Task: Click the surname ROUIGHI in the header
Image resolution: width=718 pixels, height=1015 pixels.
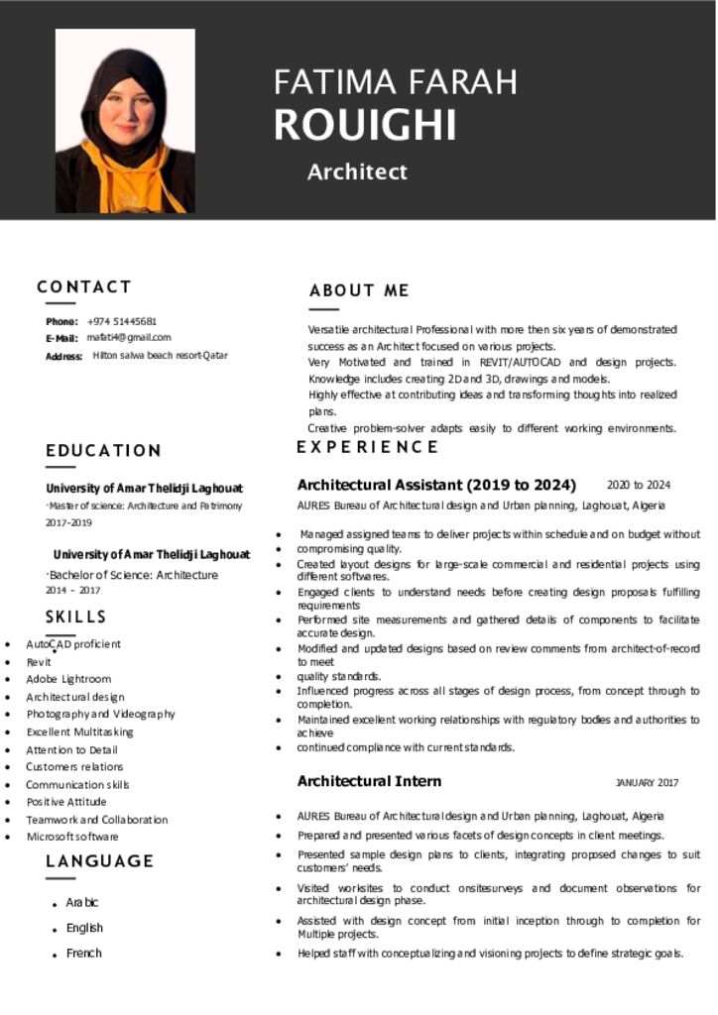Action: click(x=365, y=126)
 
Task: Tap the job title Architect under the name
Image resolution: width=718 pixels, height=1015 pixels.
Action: click(x=357, y=171)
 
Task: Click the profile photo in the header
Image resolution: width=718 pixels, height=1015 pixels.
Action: click(x=125, y=121)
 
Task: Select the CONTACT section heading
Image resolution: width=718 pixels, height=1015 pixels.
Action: click(x=84, y=286)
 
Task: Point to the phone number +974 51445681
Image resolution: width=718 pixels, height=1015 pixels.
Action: click(x=122, y=321)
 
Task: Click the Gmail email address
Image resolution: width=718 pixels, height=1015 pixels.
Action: click(x=128, y=338)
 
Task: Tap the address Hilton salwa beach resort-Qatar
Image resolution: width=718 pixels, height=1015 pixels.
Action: click(x=160, y=355)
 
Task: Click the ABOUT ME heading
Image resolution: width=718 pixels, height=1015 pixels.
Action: click(x=359, y=290)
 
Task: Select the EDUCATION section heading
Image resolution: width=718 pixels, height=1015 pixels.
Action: click(x=103, y=450)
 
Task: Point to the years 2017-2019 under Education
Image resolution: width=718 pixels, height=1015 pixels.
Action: click(x=68, y=522)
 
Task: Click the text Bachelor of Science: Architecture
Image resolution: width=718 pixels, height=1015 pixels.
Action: click(x=134, y=575)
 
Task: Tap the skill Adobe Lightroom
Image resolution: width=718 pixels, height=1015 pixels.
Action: click(x=68, y=679)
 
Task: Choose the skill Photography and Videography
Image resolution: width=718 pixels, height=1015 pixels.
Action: click(x=100, y=714)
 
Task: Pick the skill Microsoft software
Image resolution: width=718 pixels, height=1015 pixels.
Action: click(x=72, y=837)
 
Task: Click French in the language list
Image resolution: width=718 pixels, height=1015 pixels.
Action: click(x=84, y=953)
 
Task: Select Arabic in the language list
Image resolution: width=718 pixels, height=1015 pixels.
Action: click(x=82, y=902)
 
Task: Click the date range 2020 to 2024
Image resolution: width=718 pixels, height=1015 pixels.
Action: click(x=639, y=485)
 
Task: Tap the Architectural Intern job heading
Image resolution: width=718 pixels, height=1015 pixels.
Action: click(x=369, y=781)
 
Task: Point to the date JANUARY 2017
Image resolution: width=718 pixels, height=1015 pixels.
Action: click(x=647, y=783)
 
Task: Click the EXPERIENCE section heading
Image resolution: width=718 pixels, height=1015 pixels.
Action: click(x=367, y=447)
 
